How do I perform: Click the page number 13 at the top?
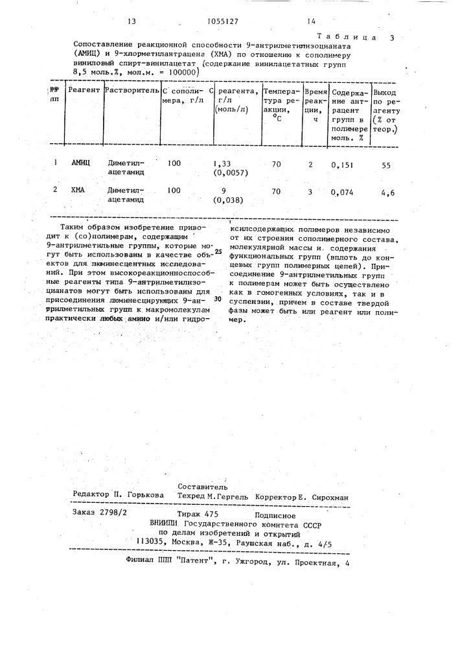pos(132,21)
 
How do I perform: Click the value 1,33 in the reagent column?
pos(222,165)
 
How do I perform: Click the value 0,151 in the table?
pos(342,166)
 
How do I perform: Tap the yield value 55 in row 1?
pos(386,166)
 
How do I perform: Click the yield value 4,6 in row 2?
pos(387,192)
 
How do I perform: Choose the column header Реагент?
pos(84,89)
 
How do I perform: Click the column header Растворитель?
pos(130,89)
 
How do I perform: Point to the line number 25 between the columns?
pos(218,251)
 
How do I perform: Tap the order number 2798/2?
pos(114,512)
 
